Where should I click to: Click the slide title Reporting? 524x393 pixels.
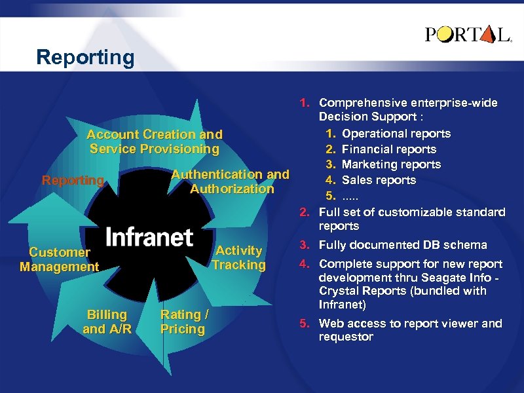point(85,58)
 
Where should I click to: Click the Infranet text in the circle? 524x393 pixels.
point(149,237)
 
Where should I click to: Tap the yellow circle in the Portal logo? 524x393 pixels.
point(445,34)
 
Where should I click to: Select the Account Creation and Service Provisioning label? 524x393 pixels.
point(155,141)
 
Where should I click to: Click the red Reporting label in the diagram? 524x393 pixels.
point(73,180)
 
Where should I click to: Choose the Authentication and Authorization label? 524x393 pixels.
point(230,181)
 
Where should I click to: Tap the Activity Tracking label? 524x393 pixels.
point(238,257)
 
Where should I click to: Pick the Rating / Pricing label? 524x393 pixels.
point(184,322)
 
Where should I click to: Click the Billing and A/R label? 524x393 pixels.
point(107,322)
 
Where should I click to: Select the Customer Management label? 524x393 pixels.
point(59,259)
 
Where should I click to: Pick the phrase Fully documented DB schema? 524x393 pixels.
point(403,245)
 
